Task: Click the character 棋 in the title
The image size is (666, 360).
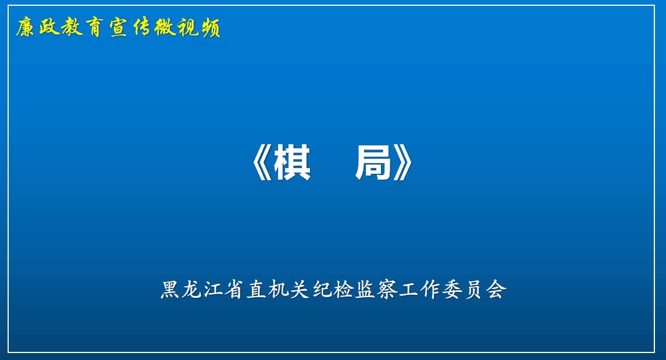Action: pos(292,163)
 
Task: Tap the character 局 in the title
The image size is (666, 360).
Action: pos(373,163)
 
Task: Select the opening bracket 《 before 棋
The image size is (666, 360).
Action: pos(261,163)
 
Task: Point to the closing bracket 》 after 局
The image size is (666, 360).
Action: pos(403,163)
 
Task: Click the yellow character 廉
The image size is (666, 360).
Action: pos(26,28)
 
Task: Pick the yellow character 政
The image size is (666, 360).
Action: pos(49,28)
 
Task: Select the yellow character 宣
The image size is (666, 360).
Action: pos(119,28)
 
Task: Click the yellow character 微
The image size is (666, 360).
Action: pos(165,28)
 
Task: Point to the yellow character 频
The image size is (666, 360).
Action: pos(211,28)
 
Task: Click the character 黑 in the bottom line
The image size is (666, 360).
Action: pos(170,290)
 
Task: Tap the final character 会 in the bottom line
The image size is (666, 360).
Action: pos(496,290)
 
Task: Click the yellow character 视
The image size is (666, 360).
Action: pos(188,28)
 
